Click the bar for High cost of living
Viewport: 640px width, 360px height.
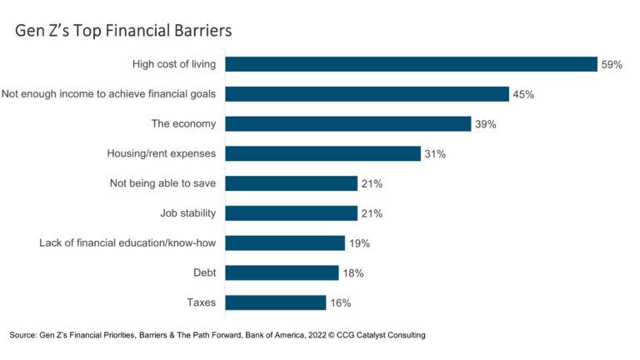pyautogui.click(x=411, y=64)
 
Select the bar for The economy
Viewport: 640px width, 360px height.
pyautogui.click(x=347, y=123)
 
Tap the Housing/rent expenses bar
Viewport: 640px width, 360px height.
pyautogui.click(x=322, y=153)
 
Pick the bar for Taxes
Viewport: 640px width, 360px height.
pyautogui.click(x=275, y=302)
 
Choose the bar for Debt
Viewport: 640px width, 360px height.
pyautogui.click(x=282, y=272)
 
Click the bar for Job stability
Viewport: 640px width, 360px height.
pyautogui.click(x=291, y=213)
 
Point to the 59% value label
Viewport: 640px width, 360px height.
pyautogui.click(x=612, y=64)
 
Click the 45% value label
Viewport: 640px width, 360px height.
pyautogui.click(x=523, y=94)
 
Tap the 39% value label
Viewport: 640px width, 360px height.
pyautogui.click(x=486, y=124)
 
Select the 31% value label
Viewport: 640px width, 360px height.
pyautogui.click(x=435, y=154)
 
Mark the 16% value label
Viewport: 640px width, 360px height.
pyautogui.click(x=340, y=302)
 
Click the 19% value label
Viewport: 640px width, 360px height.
pyautogui.click(x=359, y=243)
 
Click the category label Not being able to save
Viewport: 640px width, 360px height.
pyautogui.click(x=162, y=183)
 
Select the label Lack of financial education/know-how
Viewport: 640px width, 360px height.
pyautogui.click(x=127, y=243)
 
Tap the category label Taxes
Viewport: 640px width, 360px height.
pyautogui.click(x=201, y=302)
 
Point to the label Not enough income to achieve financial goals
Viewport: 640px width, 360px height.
pyautogui.click(x=108, y=94)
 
